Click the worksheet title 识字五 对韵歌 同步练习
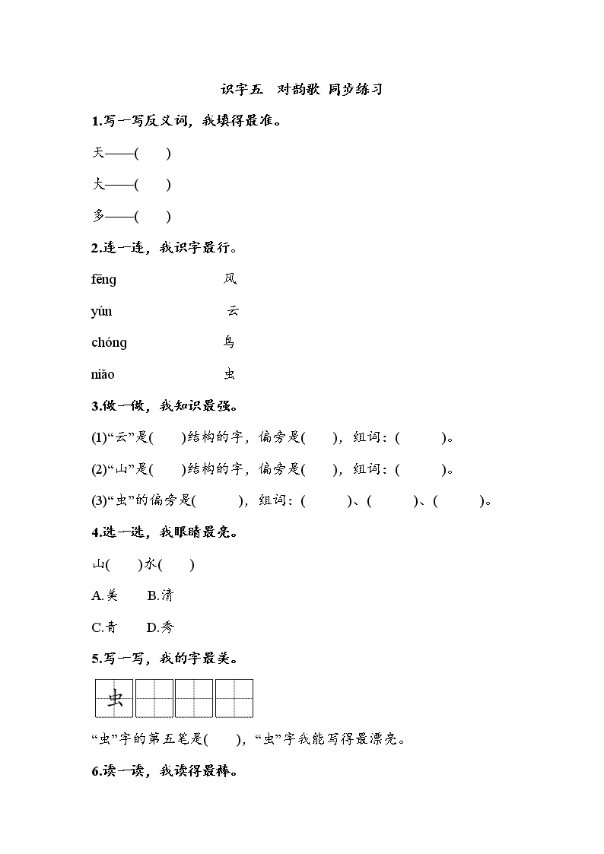(x=301, y=89)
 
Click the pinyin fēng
(x=104, y=279)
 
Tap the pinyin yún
(x=101, y=311)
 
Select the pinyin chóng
(x=109, y=342)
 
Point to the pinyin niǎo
(x=103, y=374)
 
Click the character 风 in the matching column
(x=230, y=279)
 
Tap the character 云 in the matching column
(x=233, y=311)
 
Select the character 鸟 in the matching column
(x=230, y=342)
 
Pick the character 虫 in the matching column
(x=230, y=374)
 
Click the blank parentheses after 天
(x=152, y=153)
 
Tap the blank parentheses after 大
(x=152, y=184)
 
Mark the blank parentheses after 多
(x=152, y=216)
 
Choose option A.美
(x=105, y=595)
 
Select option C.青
(x=105, y=627)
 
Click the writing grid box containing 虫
(x=114, y=698)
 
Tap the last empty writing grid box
(x=234, y=698)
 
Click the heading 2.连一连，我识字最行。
(x=164, y=247)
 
